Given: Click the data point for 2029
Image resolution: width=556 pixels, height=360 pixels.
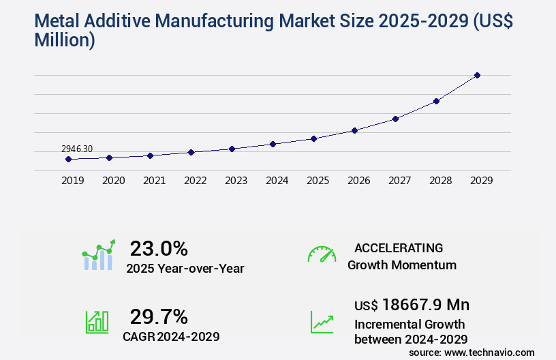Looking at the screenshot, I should click(477, 75).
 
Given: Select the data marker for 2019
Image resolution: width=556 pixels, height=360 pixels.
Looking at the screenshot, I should click(68, 159).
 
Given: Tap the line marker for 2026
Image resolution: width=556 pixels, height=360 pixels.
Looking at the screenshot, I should click(354, 130).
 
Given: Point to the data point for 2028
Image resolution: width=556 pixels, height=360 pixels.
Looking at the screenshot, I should click(436, 101).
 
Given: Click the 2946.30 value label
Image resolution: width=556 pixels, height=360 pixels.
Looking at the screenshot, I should click(77, 148).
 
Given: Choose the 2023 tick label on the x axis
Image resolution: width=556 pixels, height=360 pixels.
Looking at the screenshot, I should click(236, 181).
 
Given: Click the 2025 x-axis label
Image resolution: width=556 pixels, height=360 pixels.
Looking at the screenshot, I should click(318, 181).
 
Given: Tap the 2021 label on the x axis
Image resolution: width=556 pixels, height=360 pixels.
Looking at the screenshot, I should click(154, 181).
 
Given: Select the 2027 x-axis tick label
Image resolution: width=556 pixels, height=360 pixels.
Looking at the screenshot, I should click(399, 181).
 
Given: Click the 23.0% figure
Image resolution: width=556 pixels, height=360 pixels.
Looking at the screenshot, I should click(159, 248).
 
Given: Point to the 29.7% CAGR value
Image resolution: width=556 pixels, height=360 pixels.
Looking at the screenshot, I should click(159, 316).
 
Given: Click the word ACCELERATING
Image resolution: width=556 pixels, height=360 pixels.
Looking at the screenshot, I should click(399, 248).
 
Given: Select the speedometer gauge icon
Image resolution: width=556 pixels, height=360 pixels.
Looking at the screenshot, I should click(322, 254).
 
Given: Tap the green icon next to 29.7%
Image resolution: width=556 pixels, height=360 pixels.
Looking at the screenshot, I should click(97, 322).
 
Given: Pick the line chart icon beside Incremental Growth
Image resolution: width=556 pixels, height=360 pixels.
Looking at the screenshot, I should click(322, 322).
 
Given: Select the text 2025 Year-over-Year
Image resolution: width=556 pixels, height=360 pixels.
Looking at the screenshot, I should click(185, 269).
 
